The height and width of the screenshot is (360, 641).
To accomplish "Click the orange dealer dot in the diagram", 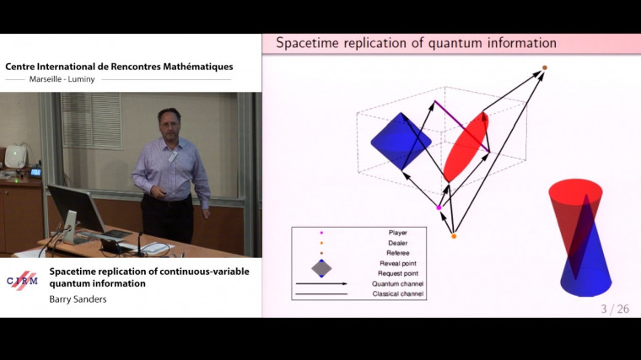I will (x=454, y=236).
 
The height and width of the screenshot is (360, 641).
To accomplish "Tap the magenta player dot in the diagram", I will (x=439, y=207).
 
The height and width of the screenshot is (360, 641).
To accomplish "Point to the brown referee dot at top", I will (x=545, y=67).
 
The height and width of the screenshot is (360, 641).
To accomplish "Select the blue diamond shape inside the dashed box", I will (x=401, y=142).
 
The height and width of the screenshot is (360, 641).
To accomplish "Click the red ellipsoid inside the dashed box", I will (x=466, y=148).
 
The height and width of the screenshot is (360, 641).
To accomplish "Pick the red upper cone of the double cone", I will (x=576, y=202).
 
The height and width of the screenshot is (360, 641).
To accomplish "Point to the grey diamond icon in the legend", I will (x=320, y=268).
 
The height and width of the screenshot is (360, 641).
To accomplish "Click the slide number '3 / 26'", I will (x=615, y=309).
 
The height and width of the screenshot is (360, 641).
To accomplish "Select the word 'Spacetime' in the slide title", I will (x=307, y=42).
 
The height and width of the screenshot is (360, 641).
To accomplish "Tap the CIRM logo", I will (x=22, y=281).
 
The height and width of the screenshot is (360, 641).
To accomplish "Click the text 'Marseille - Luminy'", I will (x=63, y=80).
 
